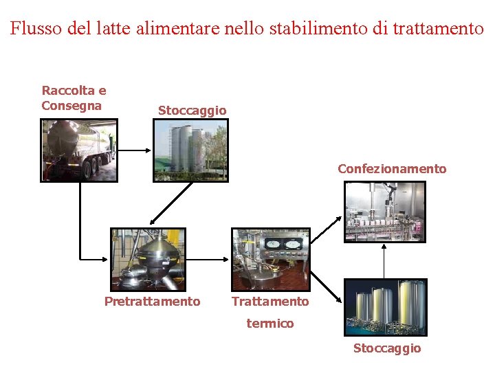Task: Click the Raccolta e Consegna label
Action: click(x=74, y=98)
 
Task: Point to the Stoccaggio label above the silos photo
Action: click(x=192, y=111)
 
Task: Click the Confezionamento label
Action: click(x=392, y=169)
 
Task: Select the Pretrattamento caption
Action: click(x=152, y=302)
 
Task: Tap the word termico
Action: click(x=270, y=324)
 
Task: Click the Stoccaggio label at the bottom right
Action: click(x=387, y=348)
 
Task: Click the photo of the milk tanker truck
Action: click(x=79, y=150)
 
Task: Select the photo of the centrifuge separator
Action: click(x=148, y=259)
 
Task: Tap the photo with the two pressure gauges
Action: click(x=271, y=259)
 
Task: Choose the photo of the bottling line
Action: click(x=385, y=212)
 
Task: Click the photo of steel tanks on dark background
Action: click(x=385, y=307)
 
